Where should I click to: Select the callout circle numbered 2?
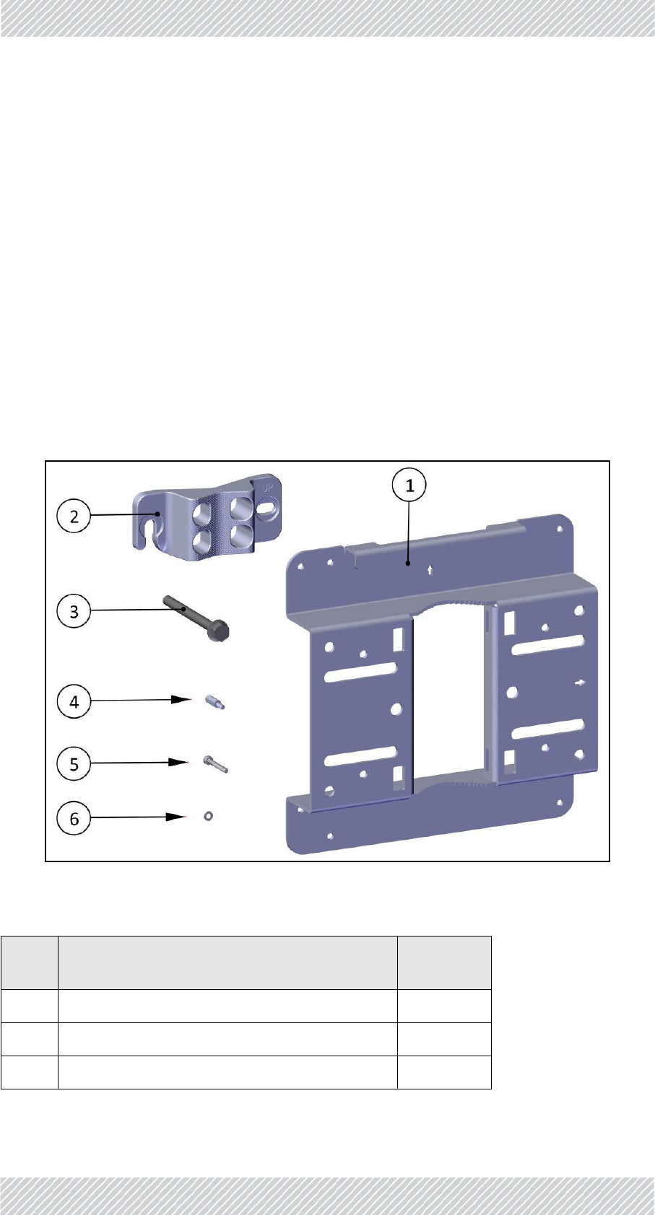[74, 517]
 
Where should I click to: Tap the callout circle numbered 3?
[74, 612]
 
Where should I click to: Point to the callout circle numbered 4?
[74, 701]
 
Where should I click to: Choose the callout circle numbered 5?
[74, 763]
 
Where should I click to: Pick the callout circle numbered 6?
[74, 818]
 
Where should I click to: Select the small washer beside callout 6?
[208, 816]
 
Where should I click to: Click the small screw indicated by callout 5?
[215, 763]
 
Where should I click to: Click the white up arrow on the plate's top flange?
[431, 569]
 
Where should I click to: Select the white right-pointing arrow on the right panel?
[580, 682]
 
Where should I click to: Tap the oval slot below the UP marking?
[266, 509]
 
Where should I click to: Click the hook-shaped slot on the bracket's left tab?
[152, 522]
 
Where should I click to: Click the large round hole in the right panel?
[512, 693]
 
